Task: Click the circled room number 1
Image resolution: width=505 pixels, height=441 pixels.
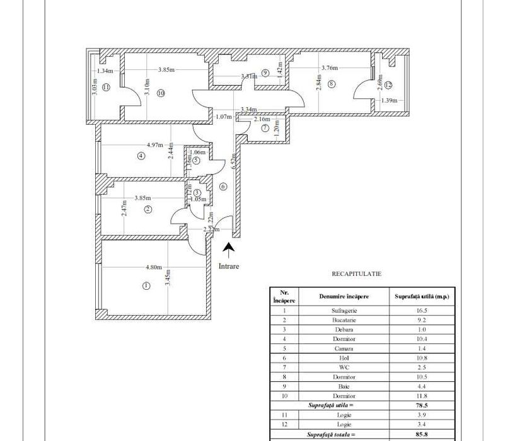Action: (146, 285)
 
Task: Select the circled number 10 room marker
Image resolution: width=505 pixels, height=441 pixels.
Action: (161, 93)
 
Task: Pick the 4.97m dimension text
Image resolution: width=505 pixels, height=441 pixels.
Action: (156, 144)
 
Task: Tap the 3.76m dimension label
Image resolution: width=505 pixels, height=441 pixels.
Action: (330, 68)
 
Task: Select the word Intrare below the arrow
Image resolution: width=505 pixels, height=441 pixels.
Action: (228, 265)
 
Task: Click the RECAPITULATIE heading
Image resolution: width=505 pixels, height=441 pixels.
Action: (357, 274)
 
